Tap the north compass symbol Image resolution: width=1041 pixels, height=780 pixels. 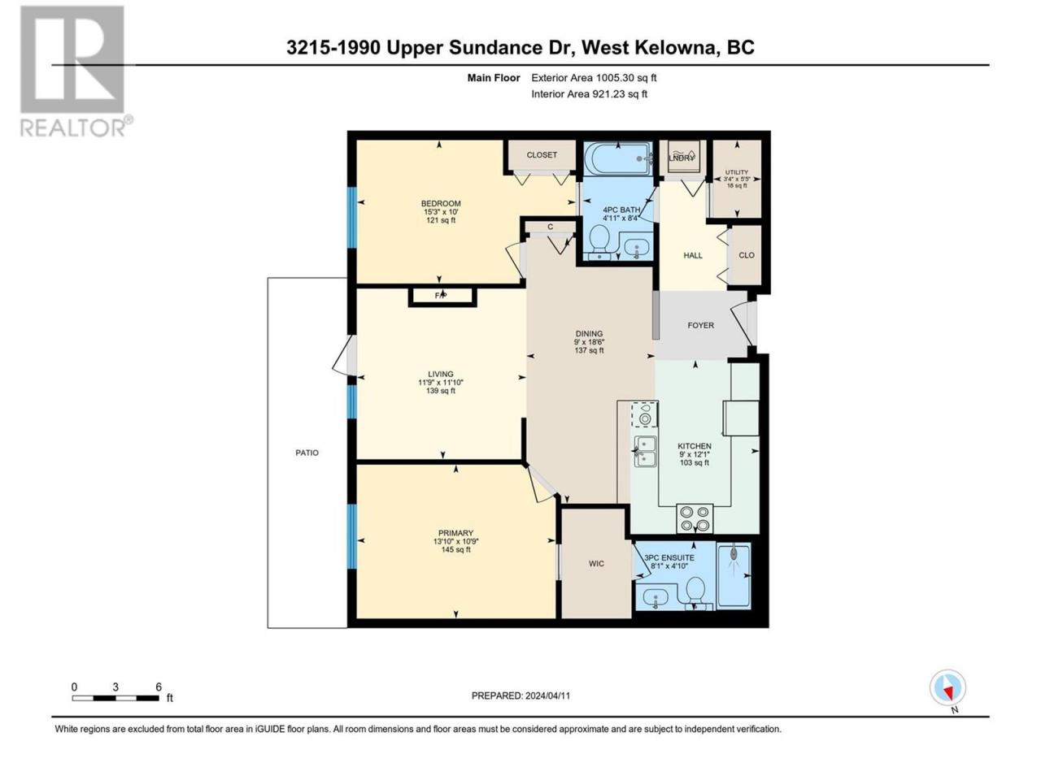click(x=947, y=687)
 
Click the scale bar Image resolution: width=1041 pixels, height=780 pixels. click(x=115, y=698)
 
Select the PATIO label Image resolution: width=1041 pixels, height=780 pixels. click(x=307, y=453)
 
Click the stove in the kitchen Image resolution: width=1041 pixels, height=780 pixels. click(x=695, y=518)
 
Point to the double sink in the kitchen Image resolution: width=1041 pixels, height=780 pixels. click(x=646, y=451)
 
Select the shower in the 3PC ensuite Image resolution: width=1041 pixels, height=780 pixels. click(x=734, y=576)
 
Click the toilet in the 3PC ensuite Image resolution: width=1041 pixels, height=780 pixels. click(x=695, y=593)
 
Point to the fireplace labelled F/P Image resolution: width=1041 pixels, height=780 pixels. click(x=442, y=297)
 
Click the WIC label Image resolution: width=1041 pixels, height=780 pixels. click(x=596, y=564)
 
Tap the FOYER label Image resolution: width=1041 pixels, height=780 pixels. click(x=700, y=325)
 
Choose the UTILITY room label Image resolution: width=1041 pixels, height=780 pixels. click(x=737, y=172)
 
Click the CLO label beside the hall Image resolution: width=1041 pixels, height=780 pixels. click(x=747, y=255)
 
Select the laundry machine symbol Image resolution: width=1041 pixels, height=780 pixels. click(x=682, y=158)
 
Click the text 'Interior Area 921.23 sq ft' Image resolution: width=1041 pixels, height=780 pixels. click(x=589, y=93)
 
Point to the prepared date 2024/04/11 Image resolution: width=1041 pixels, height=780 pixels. click(x=547, y=696)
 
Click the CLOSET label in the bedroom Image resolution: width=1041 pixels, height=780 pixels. click(x=542, y=155)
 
